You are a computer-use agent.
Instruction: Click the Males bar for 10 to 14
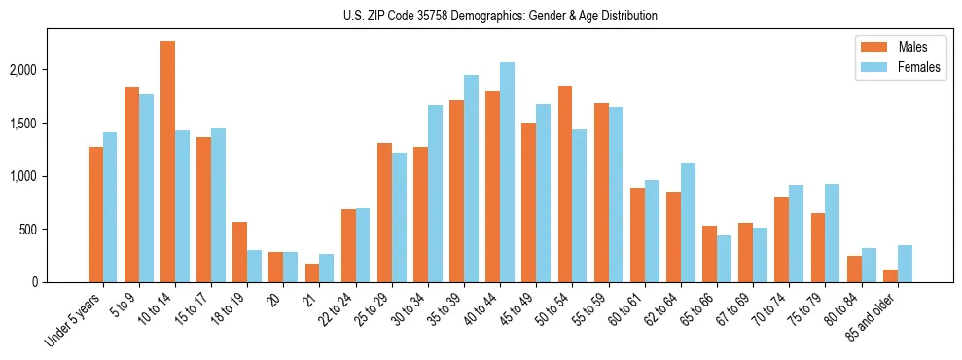167,162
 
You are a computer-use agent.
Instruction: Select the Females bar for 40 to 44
507,172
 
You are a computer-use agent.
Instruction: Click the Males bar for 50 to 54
565,184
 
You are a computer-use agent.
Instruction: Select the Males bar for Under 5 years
95,214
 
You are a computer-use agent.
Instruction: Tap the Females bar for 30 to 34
435,194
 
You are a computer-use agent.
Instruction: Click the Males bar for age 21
311,272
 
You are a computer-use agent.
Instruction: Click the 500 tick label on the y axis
54,230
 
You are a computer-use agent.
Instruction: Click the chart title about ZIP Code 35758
500,16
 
